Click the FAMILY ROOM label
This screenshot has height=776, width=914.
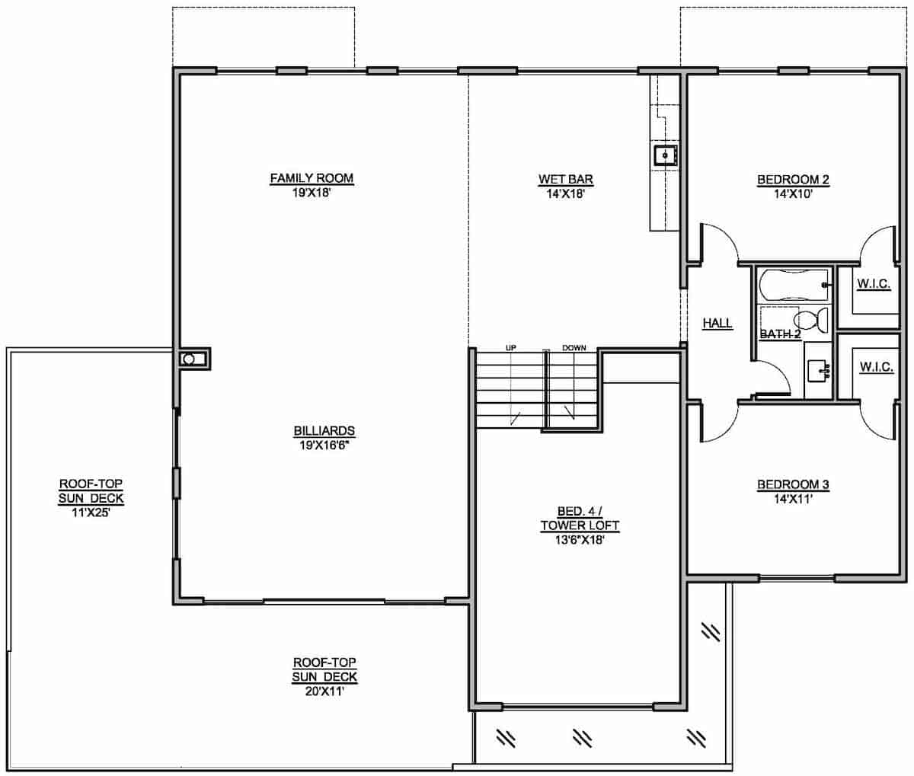312,179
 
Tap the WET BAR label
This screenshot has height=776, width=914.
566,180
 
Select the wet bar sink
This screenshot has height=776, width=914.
664,155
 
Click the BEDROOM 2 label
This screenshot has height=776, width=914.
792,180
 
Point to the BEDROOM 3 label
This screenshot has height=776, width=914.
792,484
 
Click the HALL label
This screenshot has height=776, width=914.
717,324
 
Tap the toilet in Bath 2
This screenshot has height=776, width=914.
812,322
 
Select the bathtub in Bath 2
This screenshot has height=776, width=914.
793,285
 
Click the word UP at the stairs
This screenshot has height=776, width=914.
512,348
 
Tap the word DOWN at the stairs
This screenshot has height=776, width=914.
574,348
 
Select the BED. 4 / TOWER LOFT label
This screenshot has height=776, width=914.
580,519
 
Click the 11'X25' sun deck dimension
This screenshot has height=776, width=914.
91,513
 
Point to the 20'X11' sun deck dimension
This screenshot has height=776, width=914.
324,691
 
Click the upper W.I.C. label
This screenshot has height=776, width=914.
874,284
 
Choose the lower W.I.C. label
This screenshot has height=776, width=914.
876,367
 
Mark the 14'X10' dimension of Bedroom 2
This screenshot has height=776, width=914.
792,193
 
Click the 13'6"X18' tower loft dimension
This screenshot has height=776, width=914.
580,539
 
